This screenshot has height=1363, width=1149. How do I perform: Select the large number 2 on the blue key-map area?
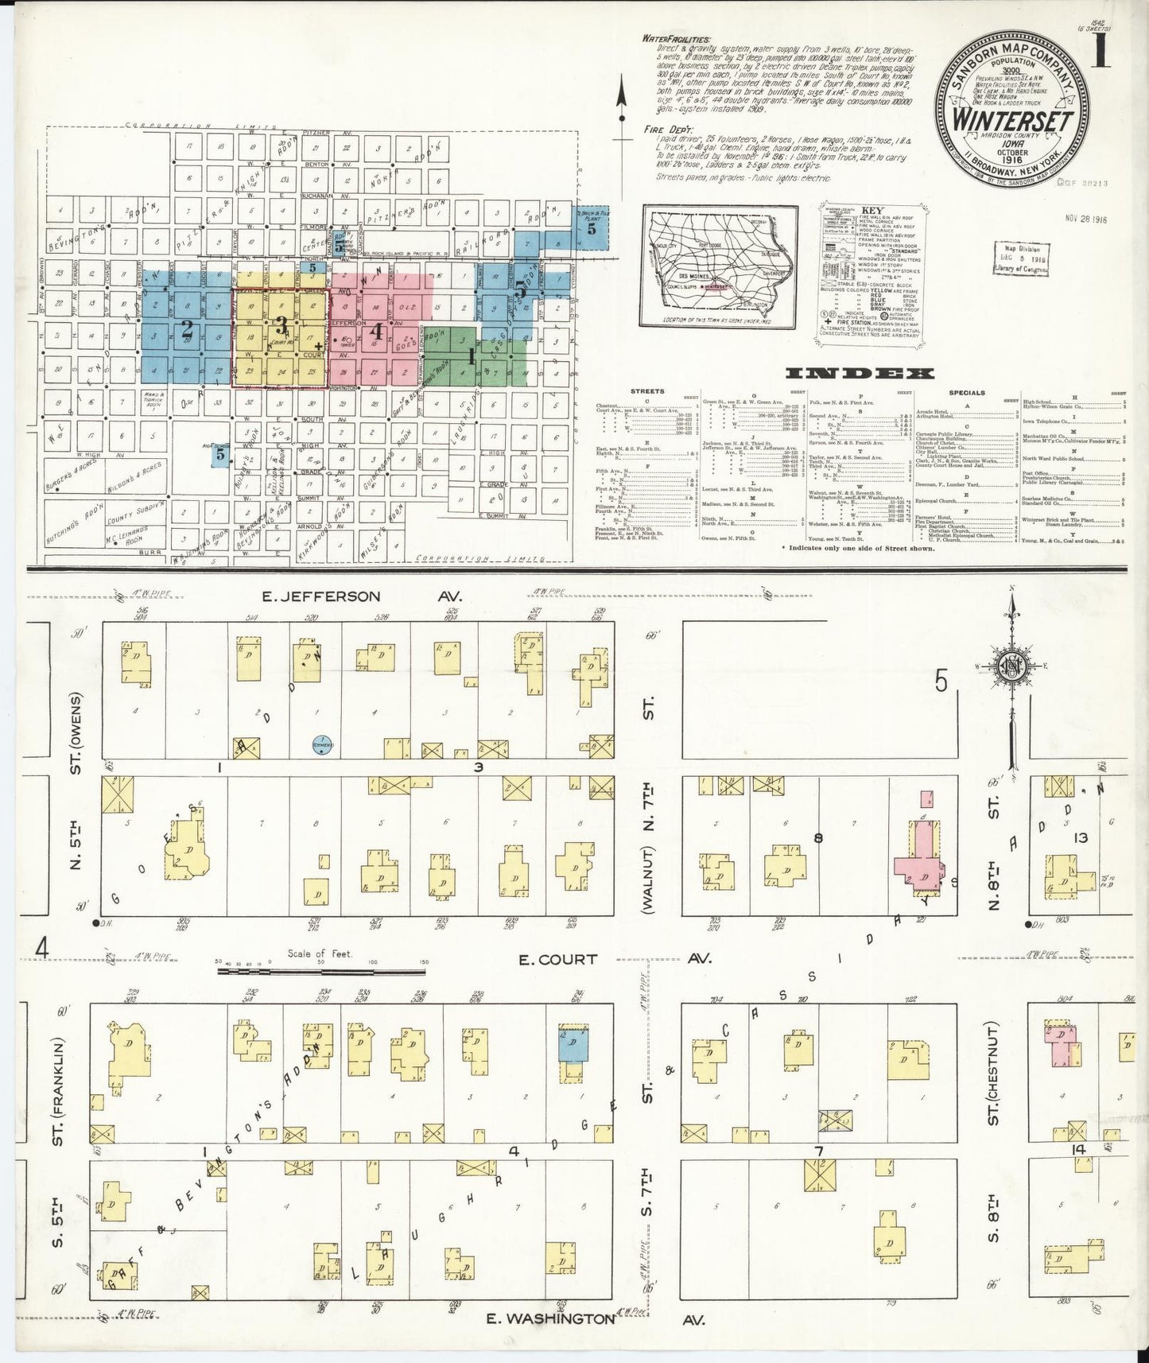pyautogui.click(x=187, y=328)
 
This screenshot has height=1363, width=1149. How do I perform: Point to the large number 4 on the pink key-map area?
pyautogui.click(x=378, y=333)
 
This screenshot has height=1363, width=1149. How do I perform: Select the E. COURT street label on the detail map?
pyautogui.click(x=557, y=959)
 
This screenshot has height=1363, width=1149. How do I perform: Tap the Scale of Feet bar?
pyautogui.click(x=321, y=970)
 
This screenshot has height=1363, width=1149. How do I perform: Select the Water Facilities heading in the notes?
pyautogui.click(x=677, y=37)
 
